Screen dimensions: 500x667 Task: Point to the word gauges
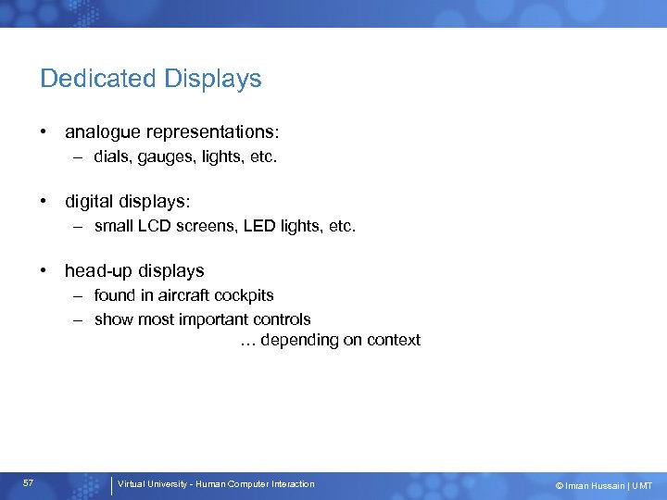pyautogui.click(x=159, y=157)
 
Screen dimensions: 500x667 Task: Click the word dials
pyautogui.click(x=111, y=157)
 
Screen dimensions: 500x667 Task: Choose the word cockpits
pyautogui.click(x=244, y=295)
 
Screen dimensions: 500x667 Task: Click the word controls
pyautogui.click(x=283, y=319)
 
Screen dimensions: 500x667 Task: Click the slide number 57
pyautogui.click(x=29, y=483)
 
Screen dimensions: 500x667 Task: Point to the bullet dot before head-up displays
pyautogui.click(x=44, y=271)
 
